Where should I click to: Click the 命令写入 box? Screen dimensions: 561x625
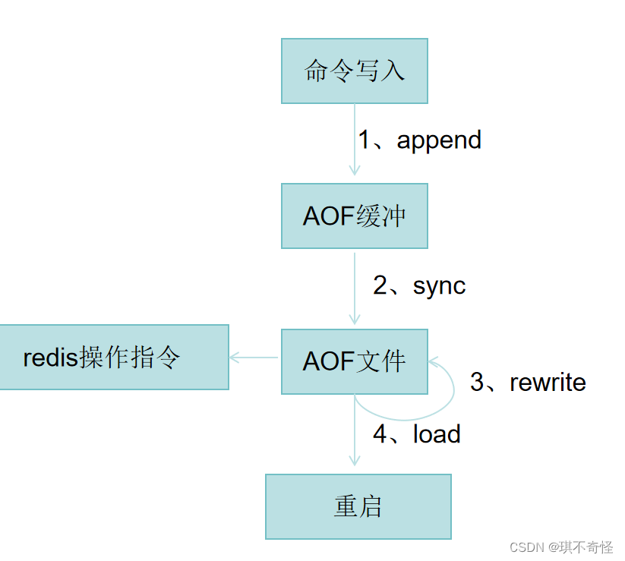355,71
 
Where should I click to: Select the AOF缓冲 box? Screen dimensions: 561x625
355,216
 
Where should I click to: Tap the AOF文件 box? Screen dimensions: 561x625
355,361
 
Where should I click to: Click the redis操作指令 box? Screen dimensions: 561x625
114,357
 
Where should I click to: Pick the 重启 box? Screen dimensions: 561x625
358,506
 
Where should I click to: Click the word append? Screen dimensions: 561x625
439,140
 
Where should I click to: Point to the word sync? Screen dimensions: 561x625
439,286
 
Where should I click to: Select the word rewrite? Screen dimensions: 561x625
548,382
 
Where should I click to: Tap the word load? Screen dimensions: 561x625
437,434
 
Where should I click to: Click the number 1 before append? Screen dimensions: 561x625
365,140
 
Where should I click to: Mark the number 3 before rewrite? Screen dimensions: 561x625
477,382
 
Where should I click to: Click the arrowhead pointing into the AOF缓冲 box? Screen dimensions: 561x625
355,171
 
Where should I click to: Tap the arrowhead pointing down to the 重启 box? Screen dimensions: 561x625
355,460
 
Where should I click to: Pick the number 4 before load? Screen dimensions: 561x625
380,434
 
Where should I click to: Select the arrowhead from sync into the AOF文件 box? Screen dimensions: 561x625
355,318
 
